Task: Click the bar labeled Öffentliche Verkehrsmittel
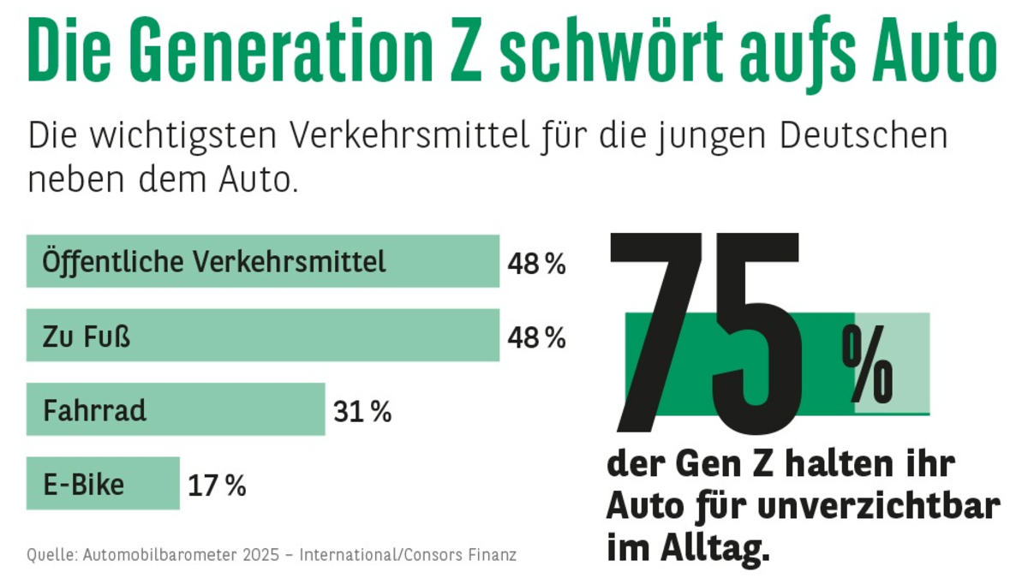point(262,261)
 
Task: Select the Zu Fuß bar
point(262,335)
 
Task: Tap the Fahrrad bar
point(176,409)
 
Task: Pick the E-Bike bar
point(103,484)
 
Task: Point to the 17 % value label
point(217,487)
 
